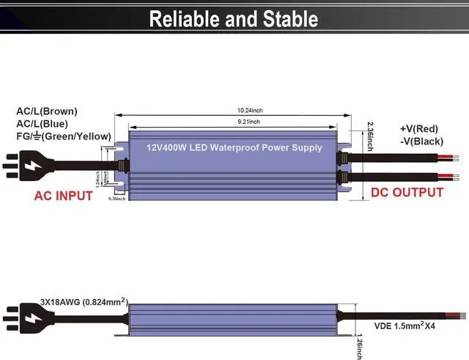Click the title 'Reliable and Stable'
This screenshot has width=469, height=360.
234,19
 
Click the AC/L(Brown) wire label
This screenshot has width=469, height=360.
47,111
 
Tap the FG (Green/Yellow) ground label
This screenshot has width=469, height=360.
64,136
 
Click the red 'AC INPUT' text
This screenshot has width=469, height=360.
63,196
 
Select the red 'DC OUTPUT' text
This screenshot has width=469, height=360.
407,192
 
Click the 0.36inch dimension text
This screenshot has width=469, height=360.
117,199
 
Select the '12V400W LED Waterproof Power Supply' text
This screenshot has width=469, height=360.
234,147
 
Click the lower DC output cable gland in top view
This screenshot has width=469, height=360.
341,177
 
